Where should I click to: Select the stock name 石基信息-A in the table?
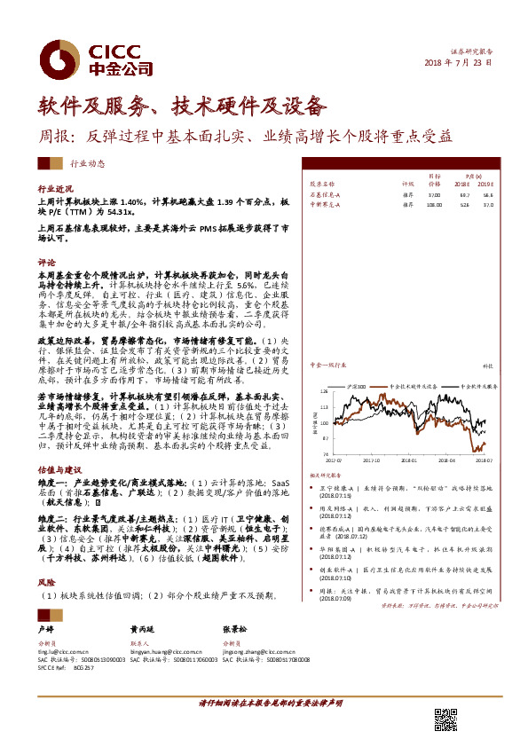[325, 193]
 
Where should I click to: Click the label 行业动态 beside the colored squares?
[88, 164]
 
